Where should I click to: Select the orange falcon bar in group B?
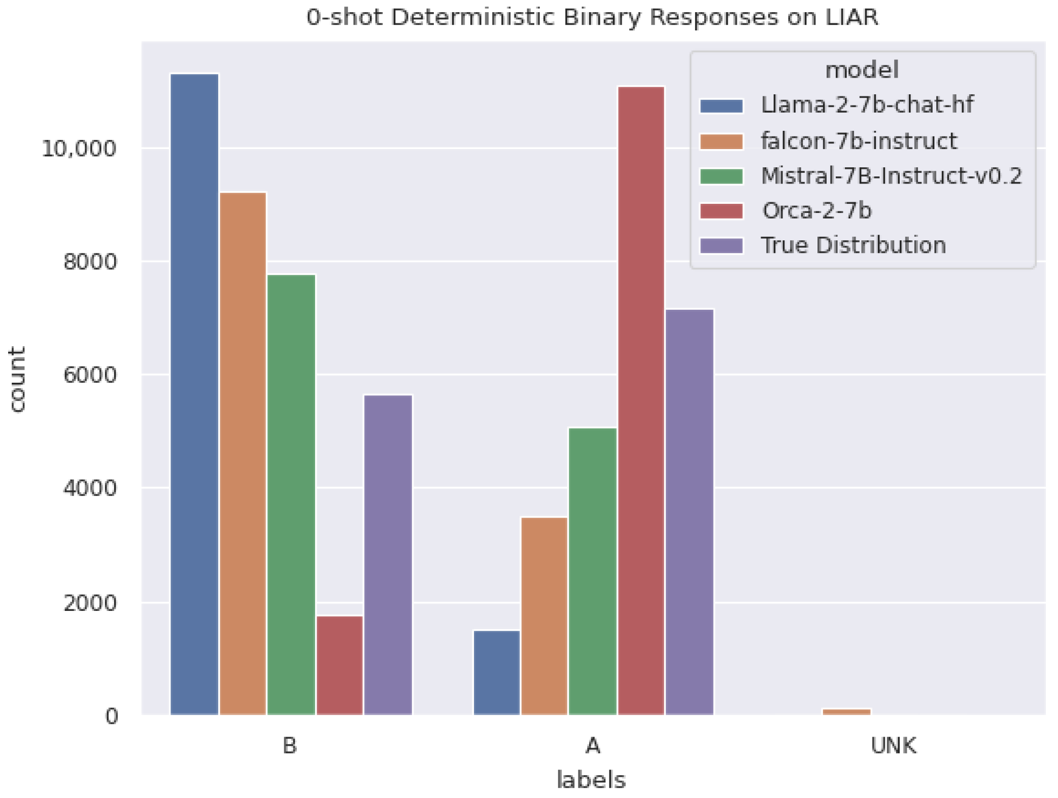pyautogui.click(x=243, y=454)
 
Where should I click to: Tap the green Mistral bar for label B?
pyautogui.click(x=291, y=494)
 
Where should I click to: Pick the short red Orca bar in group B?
pyautogui.click(x=339, y=665)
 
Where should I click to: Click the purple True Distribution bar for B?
pyautogui.click(x=388, y=555)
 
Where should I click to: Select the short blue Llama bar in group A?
pyautogui.click(x=497, y=672)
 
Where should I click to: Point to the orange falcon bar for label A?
pyautogui.click(x=544, y=616)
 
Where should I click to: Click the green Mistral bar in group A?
pyautogui.click(x=593, y=571)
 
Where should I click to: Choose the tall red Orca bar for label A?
pyautogui.click(x=641, y=401)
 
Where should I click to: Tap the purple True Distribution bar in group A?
pyautogui.click(x=689, y=512)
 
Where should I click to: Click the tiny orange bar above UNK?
pyautogui.click(x=846, y=712)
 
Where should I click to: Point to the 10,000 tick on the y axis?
pyautogui.click(x=79, y=149)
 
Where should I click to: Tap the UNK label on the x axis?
pyautogui.click(x=894, y=746)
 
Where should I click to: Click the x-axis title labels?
pyautogui.click(x=592, y=780)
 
